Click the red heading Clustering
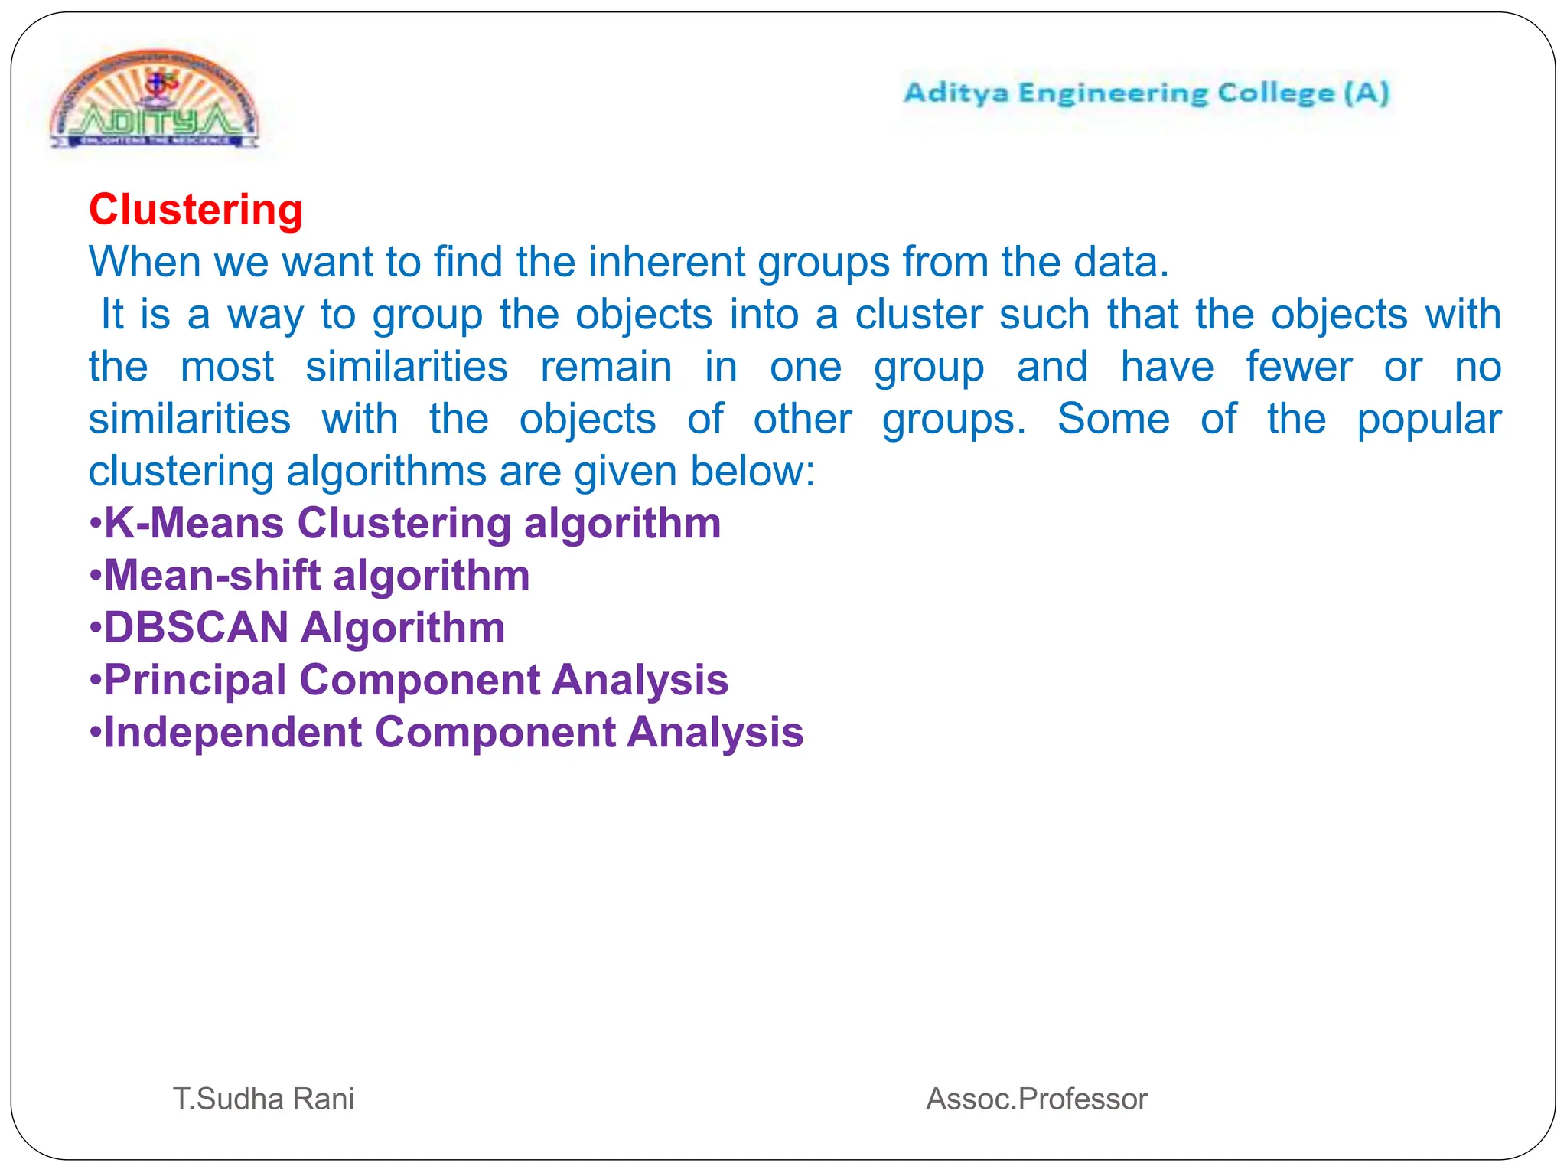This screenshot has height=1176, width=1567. (196, 210)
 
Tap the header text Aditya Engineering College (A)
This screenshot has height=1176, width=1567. (1146, 93)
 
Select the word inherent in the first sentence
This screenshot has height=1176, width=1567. (666, 262)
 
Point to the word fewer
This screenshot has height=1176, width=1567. (1298, 367)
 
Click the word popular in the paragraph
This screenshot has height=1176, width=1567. (1429, 420)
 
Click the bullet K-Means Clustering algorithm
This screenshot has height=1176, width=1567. (412, 524)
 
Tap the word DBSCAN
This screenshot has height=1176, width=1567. (196, 628)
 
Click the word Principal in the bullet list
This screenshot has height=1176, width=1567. (195, 680)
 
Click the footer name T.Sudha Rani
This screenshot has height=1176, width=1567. (263, 1099)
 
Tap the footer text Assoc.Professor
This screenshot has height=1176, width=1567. (1037, 1099)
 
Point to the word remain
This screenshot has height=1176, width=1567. (606, 367)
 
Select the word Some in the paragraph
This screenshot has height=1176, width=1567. (1113, 420)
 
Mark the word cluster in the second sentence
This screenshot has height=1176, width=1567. (918, 315)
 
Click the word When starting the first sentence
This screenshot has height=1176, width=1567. (144, 262)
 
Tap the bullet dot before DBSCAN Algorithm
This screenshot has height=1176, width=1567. (95, 629)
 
